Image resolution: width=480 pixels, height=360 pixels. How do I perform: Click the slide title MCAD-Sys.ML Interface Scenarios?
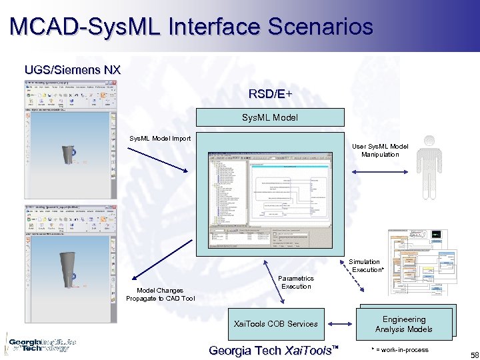point(191,27)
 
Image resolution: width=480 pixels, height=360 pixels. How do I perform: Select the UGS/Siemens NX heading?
point(72,69)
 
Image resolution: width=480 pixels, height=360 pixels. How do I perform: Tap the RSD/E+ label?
point(270,94)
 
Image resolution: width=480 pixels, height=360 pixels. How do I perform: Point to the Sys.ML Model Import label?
point(159,138)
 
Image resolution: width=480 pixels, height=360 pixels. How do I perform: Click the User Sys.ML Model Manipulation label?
point(379,150)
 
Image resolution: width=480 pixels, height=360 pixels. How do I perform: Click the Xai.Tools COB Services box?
point(275,323)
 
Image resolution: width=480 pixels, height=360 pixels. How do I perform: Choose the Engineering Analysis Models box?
point(403,324)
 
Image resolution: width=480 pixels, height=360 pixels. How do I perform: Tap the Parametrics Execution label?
point(296,282)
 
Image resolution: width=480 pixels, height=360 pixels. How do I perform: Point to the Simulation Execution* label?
point(366,265)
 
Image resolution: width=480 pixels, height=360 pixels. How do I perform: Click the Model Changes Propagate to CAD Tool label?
point(160,294)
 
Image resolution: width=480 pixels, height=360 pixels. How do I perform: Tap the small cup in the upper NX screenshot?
point(67,155)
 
